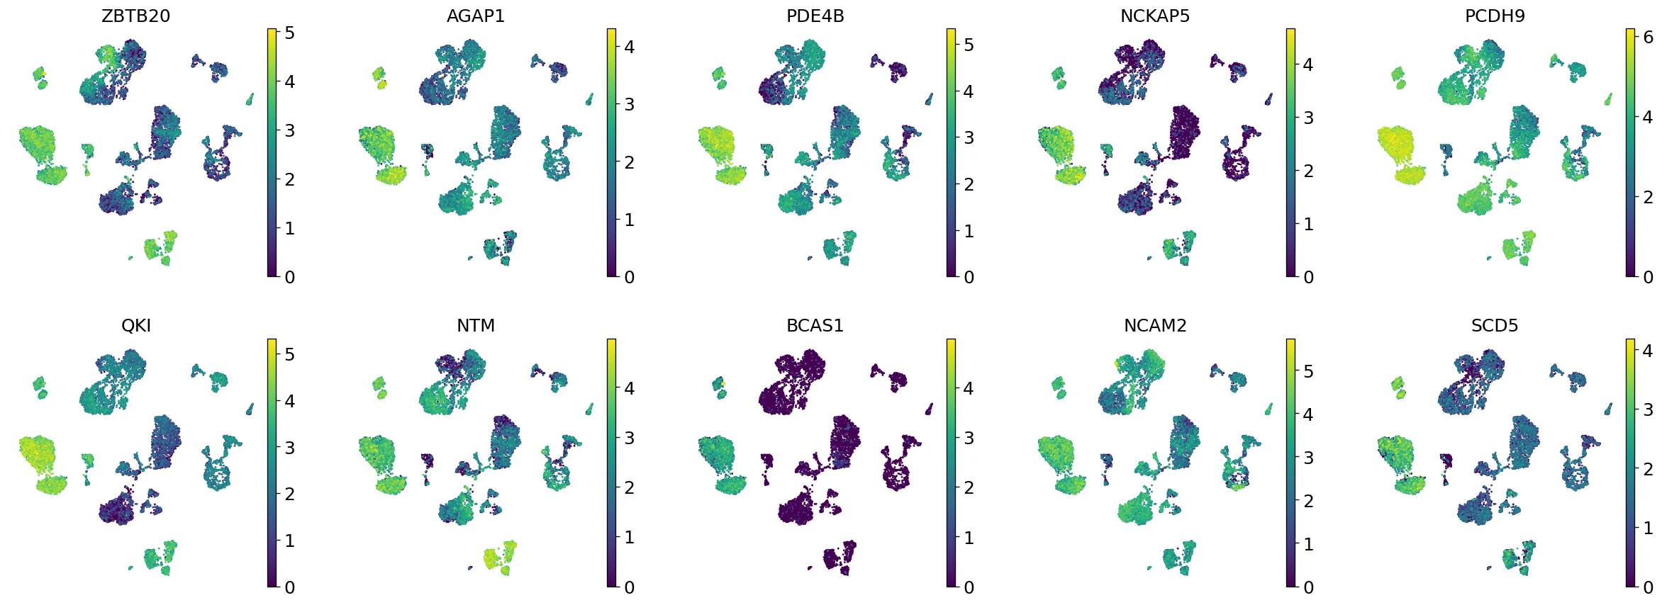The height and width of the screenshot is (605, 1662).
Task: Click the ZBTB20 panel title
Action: click(135, 16)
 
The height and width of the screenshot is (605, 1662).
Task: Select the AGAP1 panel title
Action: click(475, 16)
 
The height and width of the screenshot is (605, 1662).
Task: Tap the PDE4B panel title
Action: click(815, 16)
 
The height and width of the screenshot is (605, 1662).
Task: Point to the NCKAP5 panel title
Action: click(1154, 16)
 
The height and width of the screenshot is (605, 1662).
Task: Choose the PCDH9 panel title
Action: click(1494, 16)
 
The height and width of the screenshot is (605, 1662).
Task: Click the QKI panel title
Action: click(135, 326)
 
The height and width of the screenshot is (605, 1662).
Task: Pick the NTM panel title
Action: click(475, 326)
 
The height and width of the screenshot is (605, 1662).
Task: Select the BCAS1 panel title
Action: click(815, 326)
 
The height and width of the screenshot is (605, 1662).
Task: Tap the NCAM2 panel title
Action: click(1154, 326)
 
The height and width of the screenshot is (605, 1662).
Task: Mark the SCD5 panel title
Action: click(1494, 326)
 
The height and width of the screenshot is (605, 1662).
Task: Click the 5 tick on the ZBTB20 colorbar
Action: click(289, 33)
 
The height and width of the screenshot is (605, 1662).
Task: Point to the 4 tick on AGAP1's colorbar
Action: click(629, 47)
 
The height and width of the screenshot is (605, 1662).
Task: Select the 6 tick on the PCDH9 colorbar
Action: click(1648, 38)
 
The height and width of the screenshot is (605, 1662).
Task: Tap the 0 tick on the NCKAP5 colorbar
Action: click(1308, 277)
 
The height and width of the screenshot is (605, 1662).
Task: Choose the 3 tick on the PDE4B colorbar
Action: click(969, 138)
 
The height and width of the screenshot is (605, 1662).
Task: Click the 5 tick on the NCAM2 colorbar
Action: click(1308, 371)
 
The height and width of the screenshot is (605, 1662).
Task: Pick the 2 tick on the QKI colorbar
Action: click(289, 494)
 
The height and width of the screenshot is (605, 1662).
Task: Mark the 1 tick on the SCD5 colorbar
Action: click(1648, 528)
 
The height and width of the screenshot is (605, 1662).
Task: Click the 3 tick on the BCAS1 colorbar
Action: click(969, 438)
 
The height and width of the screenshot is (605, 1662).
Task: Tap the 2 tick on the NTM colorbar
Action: click(629, 487)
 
